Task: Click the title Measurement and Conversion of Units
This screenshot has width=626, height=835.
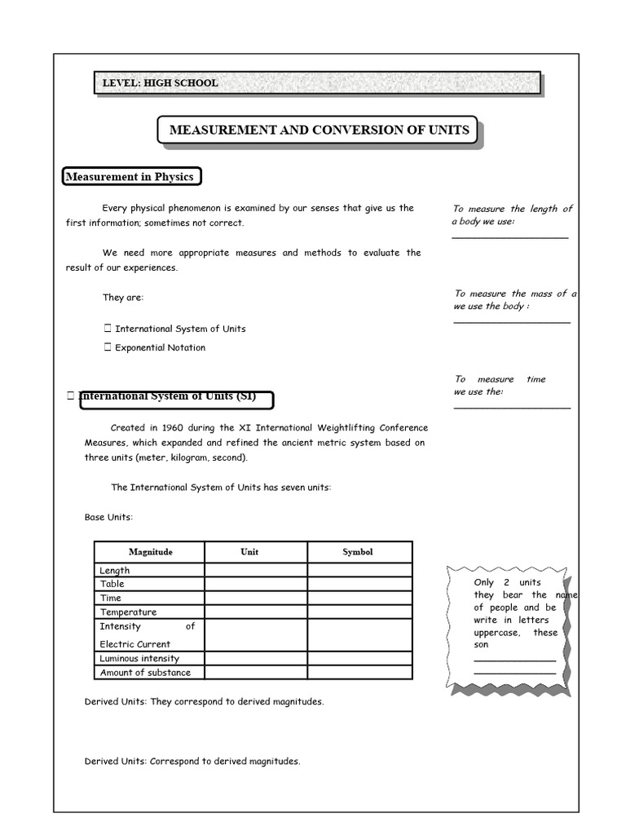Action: tap(319, 130)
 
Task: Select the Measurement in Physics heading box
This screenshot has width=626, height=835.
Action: tap(130, 177)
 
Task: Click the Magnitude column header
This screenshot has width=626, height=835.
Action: tap(150, 552)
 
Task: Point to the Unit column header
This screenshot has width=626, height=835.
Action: tap(249, 552)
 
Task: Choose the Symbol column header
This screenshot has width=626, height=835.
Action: tap(358, 552)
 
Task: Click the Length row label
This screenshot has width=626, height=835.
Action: tap(115, 571)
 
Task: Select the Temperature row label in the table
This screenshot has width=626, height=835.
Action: tap(128, 612)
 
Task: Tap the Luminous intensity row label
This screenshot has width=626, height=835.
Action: tap(139, 658)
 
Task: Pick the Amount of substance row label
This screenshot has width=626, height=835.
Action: tap(145, 673)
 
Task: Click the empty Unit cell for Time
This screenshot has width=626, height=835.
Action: tap(255, 598)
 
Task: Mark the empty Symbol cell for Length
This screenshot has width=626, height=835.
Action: tap(359, 570)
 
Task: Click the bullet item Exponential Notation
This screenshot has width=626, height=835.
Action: tap(160, 347)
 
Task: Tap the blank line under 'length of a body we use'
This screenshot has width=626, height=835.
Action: tap(510, 237)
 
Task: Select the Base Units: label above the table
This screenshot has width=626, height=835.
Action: tap(108, 517)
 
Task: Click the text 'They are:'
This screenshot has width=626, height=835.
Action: tap(123, 298)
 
